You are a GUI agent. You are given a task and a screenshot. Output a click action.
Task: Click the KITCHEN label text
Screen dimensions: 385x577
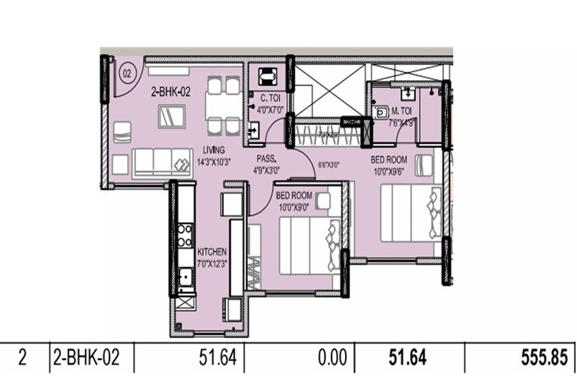pos(212,252)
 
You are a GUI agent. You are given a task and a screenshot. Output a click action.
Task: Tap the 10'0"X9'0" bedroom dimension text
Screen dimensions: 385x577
pos(294,206)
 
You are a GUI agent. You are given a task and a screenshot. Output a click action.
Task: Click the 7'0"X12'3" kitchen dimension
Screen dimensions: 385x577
pos(213,262)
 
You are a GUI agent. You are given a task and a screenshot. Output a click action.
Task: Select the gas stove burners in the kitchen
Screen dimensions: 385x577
pos(185,235)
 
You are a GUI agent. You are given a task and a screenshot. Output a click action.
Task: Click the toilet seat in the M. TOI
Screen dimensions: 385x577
pos(381,112)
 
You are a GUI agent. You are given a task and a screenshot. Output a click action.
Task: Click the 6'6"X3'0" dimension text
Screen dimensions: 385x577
pos(328,164)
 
